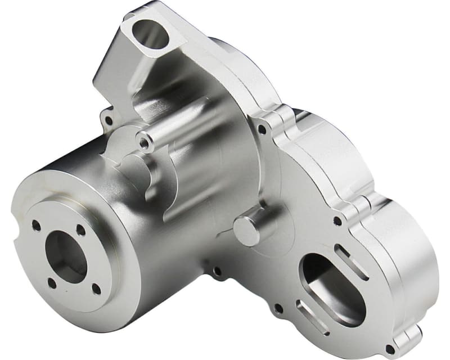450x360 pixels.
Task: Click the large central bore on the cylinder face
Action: pos(66,256)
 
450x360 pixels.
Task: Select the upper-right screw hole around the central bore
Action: pos(82,229)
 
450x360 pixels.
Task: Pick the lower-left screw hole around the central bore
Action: pos(52,282)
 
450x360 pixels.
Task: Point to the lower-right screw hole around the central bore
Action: pos(96,289)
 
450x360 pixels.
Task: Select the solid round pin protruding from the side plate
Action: pos(246,229)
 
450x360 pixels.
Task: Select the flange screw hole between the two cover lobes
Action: pos(337,220)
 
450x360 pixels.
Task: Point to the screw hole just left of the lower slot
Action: pos(278,308)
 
